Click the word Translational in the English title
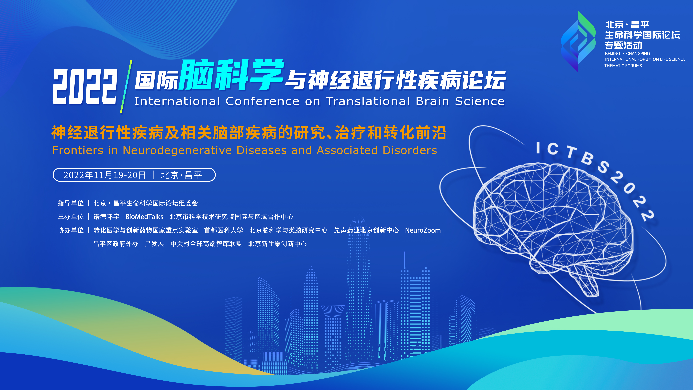pyautogui.click(x=368, y=101)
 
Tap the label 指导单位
pyautogui.click(x=71, y=203)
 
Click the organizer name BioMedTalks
pyautogui.click(x=144, y=217)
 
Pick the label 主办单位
pyautogui.click(x=71, y=217)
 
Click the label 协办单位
pyautogui.click(x=71, y=230)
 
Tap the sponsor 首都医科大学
pyautogui.click(x=224, y=230)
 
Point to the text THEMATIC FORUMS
pyautogui.click(x=623, y=66)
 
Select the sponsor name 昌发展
pyautogui.click(x=154, y=244)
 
